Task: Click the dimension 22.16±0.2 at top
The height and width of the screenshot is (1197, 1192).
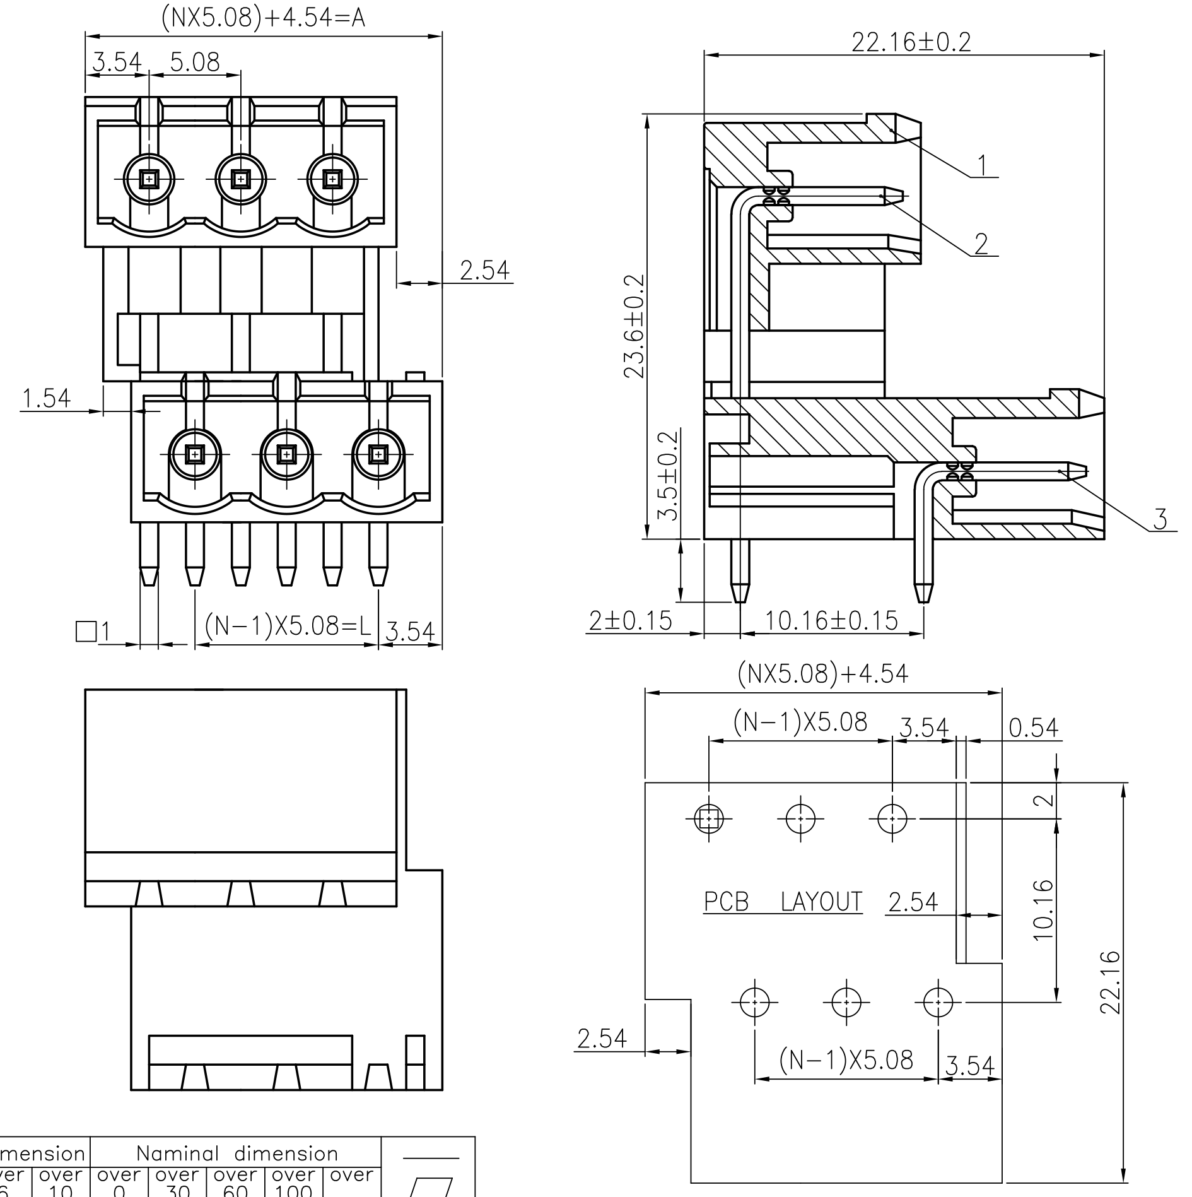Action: coord(911,42)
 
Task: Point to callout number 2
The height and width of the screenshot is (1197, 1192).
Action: coord(981,244)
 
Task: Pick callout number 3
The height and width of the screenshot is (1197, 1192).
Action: coord(1160,519)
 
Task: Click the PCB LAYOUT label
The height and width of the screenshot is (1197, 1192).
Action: coord(783,902)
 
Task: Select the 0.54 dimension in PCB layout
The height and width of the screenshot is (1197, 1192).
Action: coord(1033,728)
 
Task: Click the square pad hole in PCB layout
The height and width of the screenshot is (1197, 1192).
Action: coord(709,819)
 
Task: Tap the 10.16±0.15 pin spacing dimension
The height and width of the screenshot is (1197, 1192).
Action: coord(831,621)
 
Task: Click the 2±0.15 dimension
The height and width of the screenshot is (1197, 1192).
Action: coord(630,621)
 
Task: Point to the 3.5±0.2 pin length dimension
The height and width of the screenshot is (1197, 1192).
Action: coord(668,475)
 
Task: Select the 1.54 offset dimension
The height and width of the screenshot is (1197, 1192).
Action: coord(46,398)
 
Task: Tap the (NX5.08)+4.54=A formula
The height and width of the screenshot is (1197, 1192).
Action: coord(263,18)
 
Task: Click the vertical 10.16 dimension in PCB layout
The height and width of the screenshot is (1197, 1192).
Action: coord(1044,910)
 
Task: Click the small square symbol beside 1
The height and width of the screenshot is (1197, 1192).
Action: coord(86,631)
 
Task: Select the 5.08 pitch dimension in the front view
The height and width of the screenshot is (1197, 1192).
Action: coord(195,62)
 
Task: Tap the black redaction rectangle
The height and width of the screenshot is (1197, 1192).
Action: coord(257,1155)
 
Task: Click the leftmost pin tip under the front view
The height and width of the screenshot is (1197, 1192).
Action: coord(149,577)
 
